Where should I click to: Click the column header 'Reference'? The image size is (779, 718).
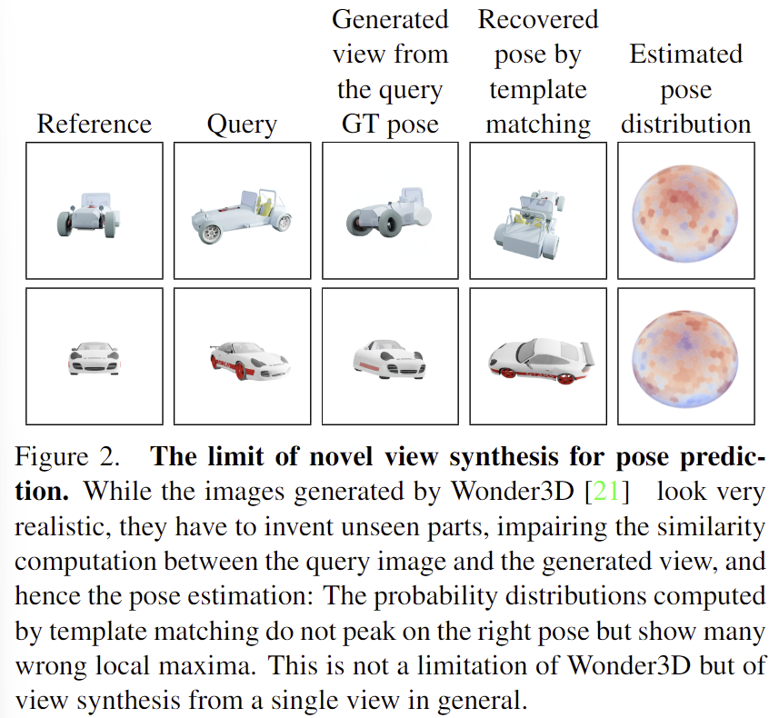click(94, 125)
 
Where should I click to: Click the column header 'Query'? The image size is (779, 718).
click(242, 125)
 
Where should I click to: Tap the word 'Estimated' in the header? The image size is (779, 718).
click(685, 54)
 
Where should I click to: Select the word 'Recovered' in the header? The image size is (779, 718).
click(538, 19)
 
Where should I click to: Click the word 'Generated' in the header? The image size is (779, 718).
click(390, 19)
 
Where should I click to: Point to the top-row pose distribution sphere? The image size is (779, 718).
click(685, 210)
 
